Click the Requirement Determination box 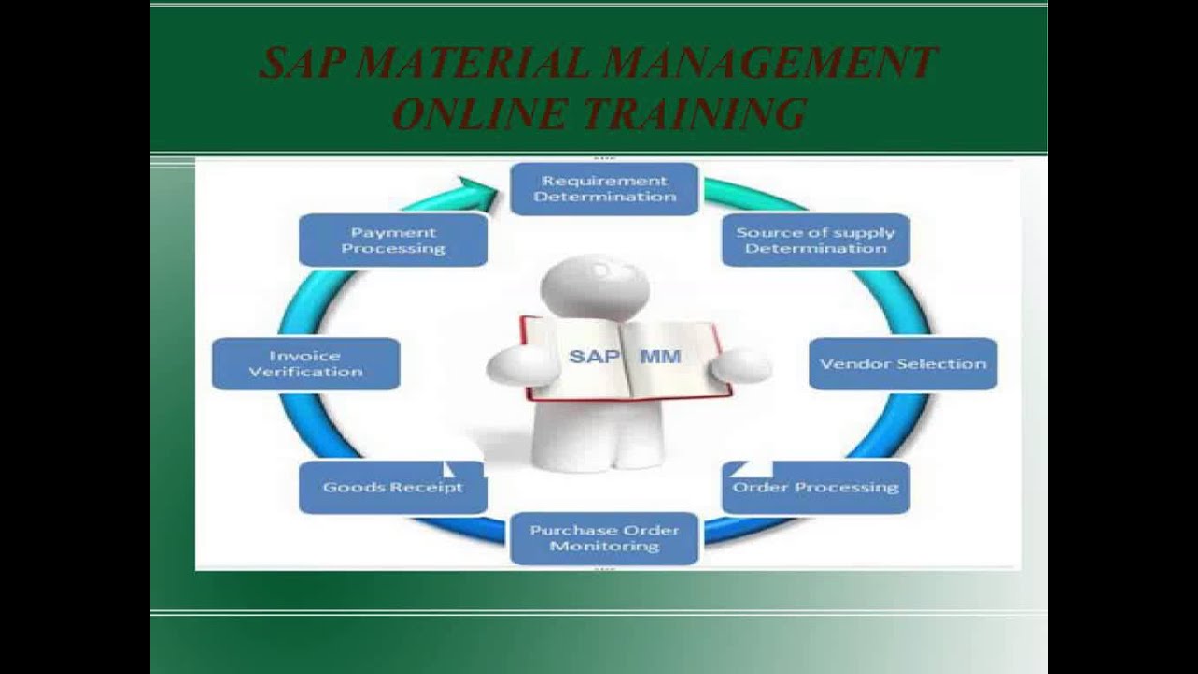pyautogui.click(x=605, y=189)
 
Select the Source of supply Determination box pyautogui.click(x=815, y=241)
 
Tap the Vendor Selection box pyautogui.click(x=902, y=363)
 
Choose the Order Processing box pyautogui.click(x=815, y=487)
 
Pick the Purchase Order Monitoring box pyautogui.click(x=604, y=537)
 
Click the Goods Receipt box pyautogui.click(x=393, y=487)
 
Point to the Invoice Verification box pyautogui.click(x=305, y=363)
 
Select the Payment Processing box pyautogui.click(x=393, y=241)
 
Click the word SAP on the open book pyautogui.click(x=592, y=357)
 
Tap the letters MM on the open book pyautogui.click(x=661, y=357)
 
